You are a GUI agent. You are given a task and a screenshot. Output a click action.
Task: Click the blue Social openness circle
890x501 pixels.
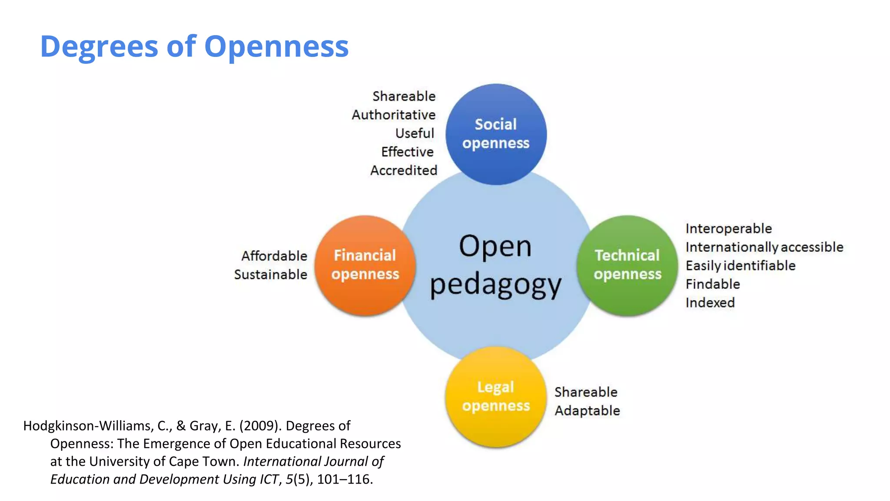click(496, 134)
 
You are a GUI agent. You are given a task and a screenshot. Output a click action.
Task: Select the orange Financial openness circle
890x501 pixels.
click(365, 265)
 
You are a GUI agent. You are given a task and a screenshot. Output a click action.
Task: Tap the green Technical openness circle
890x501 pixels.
click(627, 265)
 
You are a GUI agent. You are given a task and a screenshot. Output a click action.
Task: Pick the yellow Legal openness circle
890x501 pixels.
click(496, 396)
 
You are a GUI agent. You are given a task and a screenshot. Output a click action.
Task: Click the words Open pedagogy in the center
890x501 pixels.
click(495, 265)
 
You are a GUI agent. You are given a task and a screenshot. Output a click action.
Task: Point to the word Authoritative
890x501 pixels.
click(393, 115)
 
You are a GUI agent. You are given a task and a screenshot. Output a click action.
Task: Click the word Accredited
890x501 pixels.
click(404, 170)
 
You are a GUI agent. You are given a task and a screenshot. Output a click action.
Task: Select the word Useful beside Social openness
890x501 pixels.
click(415, 133)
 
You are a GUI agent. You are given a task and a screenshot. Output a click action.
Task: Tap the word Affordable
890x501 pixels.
click(274, 256)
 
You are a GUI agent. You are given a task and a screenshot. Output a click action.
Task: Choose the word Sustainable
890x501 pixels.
click(270, 274)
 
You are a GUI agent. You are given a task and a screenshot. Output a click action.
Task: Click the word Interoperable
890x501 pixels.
click(729, 228)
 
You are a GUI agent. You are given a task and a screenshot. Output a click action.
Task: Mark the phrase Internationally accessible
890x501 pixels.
click(764, 247)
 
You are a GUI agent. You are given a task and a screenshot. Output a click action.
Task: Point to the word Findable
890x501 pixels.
click(713, 284)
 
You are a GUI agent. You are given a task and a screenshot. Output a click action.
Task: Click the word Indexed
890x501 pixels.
click(710, 303)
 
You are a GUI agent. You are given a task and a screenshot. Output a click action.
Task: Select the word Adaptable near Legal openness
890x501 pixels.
click(587, 411)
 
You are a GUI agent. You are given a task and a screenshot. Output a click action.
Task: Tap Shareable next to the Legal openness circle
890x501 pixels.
click(586, 392)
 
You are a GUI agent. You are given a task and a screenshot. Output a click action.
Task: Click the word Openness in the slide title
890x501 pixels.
click(276, 46)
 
